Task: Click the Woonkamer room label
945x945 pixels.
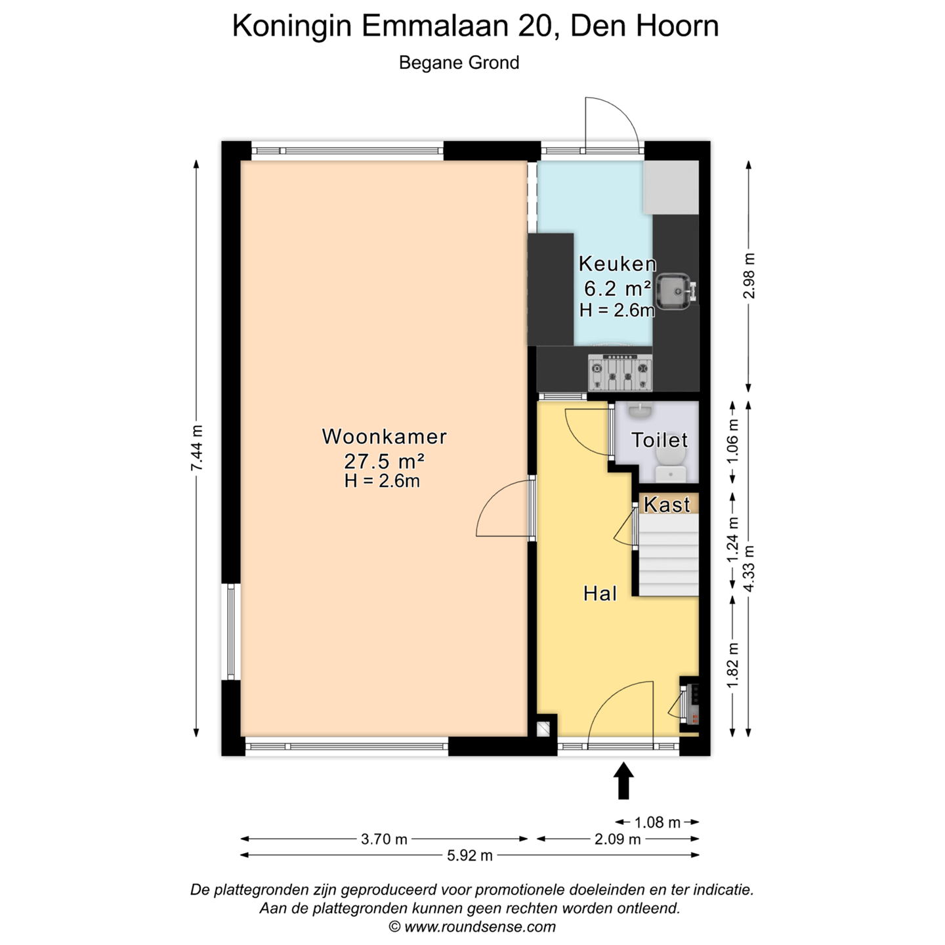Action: [384, 436]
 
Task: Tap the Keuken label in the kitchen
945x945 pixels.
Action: [617, 264]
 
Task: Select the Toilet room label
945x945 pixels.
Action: [659, 440]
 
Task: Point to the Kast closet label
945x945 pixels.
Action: [667, 505]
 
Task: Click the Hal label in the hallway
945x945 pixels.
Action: [600, 594]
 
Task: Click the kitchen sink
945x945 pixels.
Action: [676, 291]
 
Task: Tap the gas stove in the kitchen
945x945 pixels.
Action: [620, 373]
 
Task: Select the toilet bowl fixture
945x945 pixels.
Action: [671, 465]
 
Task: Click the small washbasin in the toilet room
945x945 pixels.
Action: [639, 411]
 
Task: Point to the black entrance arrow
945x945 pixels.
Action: [623, 780]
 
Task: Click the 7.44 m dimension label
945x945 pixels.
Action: [197, 448]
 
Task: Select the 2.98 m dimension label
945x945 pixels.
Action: [749, 276]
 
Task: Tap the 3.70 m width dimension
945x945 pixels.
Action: [384, 839]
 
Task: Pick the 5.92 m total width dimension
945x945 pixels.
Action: [469, 856]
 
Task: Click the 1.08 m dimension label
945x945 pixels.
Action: [657, 822]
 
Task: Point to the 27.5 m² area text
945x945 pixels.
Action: [384, 461]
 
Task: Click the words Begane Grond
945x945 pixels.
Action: [459, 63]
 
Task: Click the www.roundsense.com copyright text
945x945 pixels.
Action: [472, 927]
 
